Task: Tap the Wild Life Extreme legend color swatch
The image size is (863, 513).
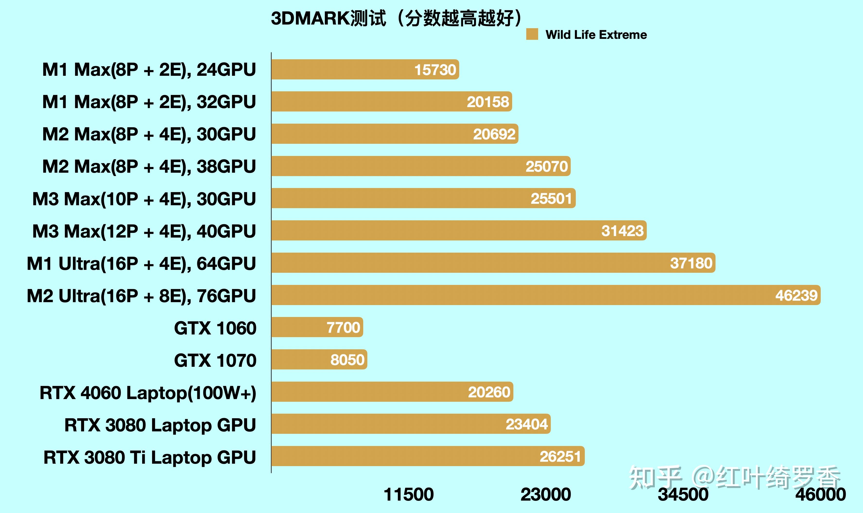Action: [532, 34]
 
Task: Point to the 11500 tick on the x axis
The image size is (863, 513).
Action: [408, 494]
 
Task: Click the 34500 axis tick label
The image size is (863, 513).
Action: [683, 494]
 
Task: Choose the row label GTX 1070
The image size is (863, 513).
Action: [215, 360]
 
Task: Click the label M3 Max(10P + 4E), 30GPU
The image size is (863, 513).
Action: [144, 199]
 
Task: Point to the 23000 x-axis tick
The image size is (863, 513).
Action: [546, 494]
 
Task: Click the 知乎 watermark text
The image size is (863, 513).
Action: [655, 477]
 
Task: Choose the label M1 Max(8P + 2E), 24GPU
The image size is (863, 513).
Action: [149, 69]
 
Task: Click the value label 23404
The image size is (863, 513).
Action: [526, 424]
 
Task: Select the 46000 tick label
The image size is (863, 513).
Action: [820, 494]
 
